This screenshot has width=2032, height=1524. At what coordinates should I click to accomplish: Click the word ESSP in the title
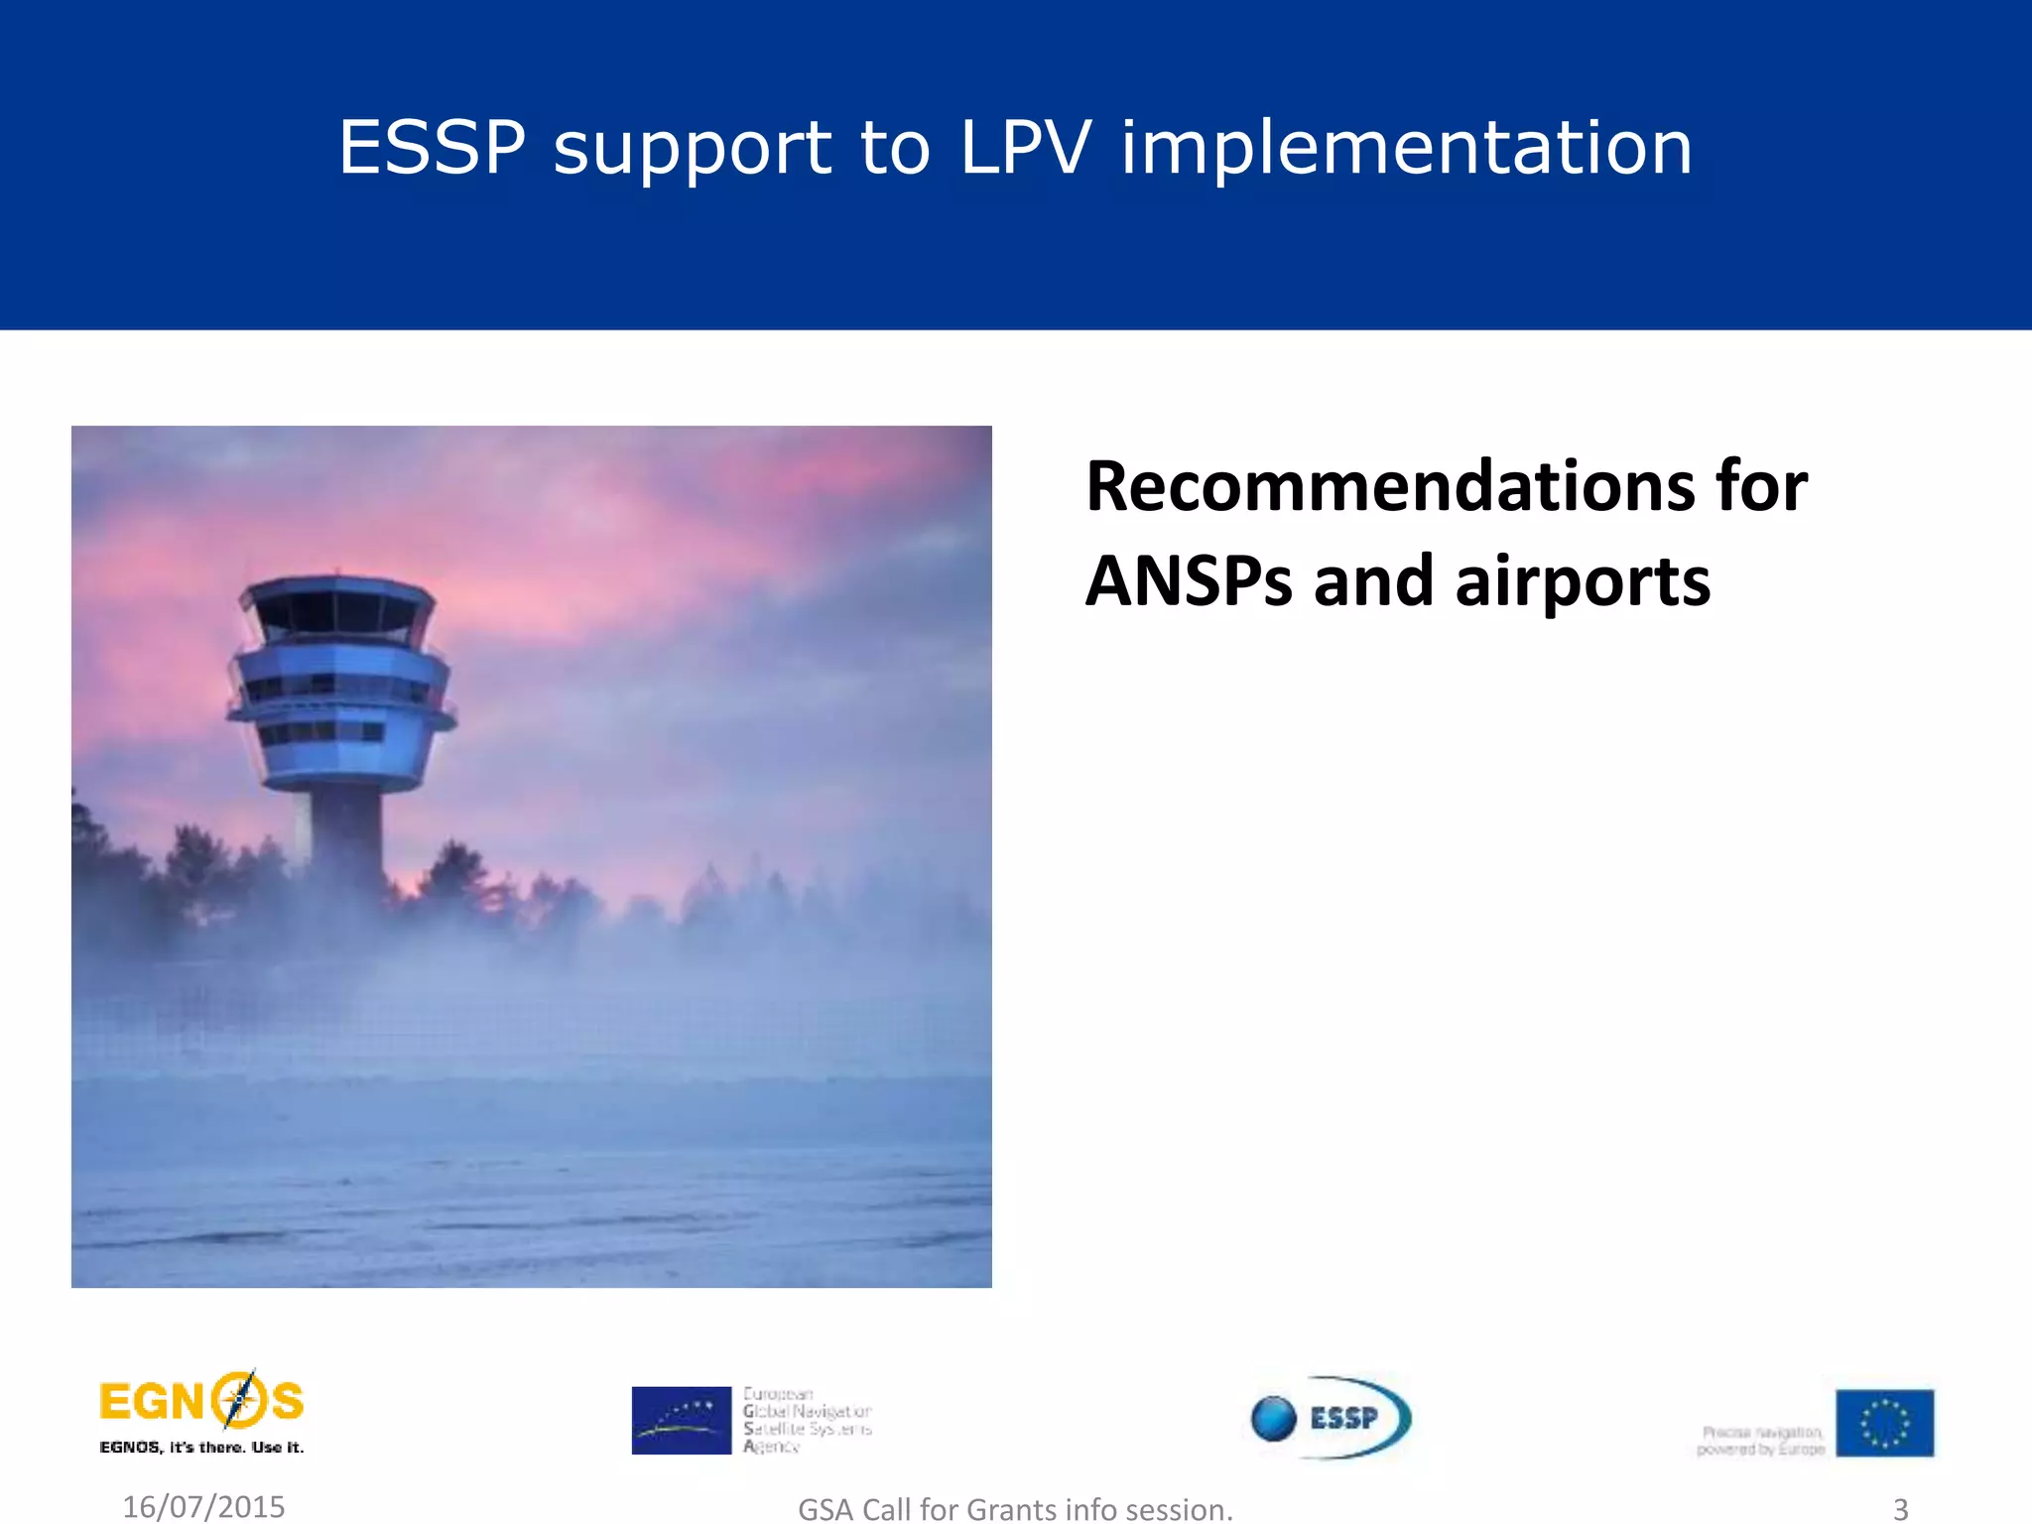(432, 148)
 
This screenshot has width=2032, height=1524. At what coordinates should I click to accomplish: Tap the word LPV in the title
(1025, 148)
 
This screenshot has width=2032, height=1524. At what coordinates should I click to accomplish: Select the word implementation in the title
(1406, 148)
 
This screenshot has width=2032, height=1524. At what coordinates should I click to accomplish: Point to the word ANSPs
(1189, 580)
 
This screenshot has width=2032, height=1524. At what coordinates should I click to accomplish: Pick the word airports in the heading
(1582, 582)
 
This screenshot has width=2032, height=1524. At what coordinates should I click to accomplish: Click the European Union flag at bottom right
(1883, 1423)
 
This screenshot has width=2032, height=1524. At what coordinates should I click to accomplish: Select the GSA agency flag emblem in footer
(681, 1420)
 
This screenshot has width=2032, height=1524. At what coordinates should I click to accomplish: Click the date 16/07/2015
(203, 1506)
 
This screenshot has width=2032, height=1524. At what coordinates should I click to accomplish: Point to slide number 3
(1900, 1508)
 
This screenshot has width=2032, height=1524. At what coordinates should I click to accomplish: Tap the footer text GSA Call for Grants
(1015, 1509)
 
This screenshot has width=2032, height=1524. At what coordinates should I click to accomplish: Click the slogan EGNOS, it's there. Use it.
(201, 1448)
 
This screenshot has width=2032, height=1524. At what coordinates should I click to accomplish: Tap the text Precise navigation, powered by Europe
(1760, 1441)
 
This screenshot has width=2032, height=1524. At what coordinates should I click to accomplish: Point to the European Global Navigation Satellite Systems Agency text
(807, 1420)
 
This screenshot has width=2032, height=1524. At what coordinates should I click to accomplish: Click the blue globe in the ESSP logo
(1275, 1418)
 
